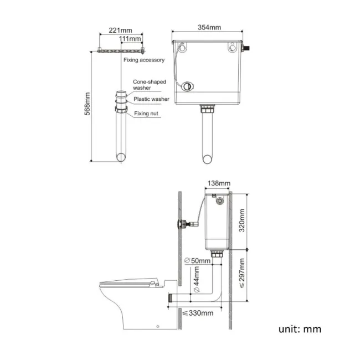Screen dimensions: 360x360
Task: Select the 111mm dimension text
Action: tap(131, 38)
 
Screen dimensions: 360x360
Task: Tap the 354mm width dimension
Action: tap(209, 28)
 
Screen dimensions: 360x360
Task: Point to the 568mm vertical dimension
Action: tap(86, 105)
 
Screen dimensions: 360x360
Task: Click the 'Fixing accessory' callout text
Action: tap(144, 60)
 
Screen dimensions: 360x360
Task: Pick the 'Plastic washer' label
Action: tap(151, 99)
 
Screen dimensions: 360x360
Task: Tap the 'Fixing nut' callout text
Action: tap(146, 114)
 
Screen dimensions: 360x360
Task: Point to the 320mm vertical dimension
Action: tap(240, 221)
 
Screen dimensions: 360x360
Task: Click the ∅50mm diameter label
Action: tap(197, 260)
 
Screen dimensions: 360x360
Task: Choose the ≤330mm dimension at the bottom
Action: tap(198, 313)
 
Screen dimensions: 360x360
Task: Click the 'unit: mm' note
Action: tap(300, 329)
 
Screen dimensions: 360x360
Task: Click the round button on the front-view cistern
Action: tap(189, 87)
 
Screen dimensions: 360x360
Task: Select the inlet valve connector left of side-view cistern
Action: tap(181, 224)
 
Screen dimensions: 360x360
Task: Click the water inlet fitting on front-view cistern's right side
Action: tap(249, 49)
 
